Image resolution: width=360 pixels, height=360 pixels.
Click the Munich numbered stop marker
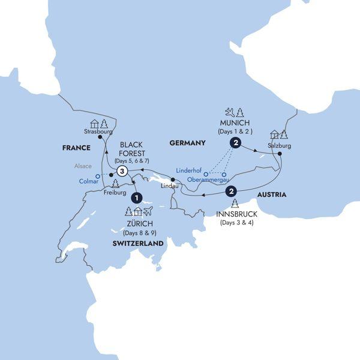[x=235, y=143]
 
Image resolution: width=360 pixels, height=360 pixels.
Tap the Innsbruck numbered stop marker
[x=230, y=192]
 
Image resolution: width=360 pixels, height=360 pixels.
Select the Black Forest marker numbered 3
[x=123, y=172]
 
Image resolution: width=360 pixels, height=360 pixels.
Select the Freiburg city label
[x=114, y=194]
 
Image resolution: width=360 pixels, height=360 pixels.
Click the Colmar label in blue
[x=88, y=181]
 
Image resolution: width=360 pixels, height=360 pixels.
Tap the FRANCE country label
[x=75, y=147]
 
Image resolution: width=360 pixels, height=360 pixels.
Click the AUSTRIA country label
[x=271, y=194]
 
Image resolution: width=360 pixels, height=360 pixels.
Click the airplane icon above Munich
[x=229, y=112]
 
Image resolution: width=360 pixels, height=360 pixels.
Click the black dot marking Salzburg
[x=280, y=154]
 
